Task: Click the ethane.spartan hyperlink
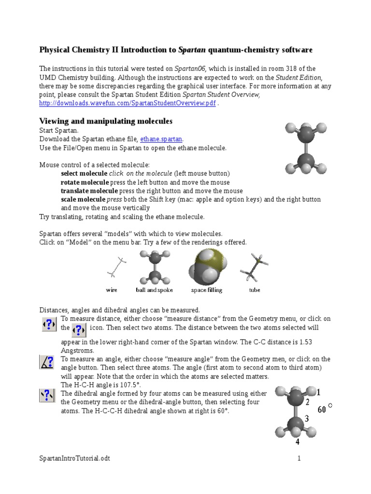click(161, 139)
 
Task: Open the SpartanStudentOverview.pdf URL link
click(127, 104)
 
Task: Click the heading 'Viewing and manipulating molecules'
click(105, 121)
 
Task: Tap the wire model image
click(117, 267)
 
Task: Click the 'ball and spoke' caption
click(155, 290)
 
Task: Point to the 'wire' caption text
click(112, 290)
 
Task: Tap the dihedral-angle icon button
click(47, 396)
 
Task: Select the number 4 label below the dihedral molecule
click(297, 441)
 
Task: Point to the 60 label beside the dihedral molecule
click(322, 410)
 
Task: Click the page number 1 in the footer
click(299, 458)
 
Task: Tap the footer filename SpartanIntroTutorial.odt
click(74, 458)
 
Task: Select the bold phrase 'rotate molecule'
click(85, 182)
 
